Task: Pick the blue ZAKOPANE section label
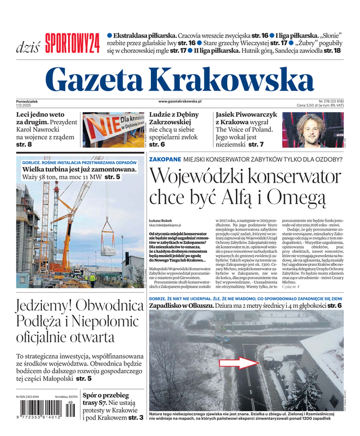click(165, 159)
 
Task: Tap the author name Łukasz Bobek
click(161, 220)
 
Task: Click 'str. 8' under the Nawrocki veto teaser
click(24, 145)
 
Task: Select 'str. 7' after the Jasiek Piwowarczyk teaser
click(254, 145)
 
